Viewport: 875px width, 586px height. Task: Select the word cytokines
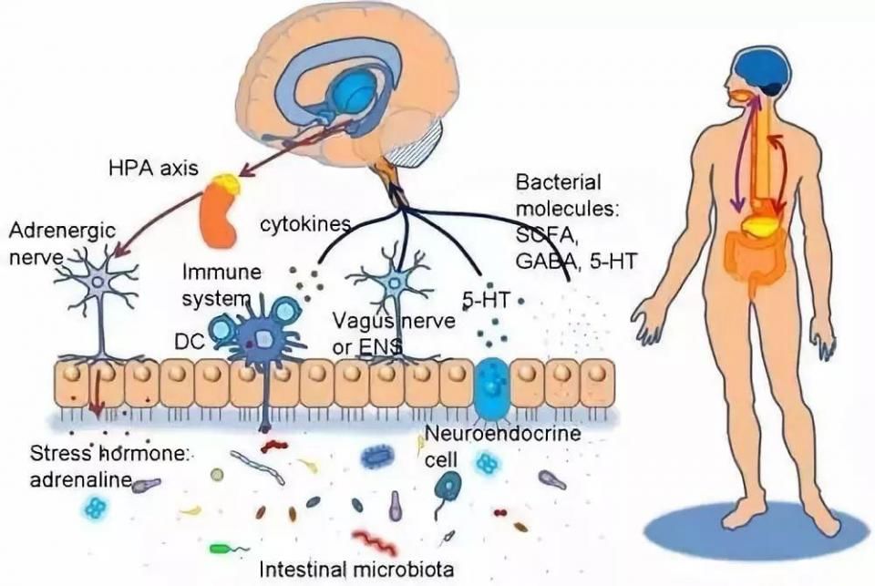[302, 223]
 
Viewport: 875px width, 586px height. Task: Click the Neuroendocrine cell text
[502, 445]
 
